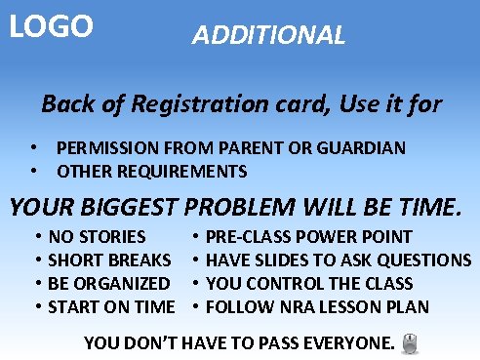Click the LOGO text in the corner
pos(51,25)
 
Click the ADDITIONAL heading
pos(268,36)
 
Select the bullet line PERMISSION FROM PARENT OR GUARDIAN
pos(230,148)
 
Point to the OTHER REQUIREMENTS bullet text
pos(151,172)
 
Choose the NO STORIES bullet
pos(97,236)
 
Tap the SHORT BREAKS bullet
pos(109,260)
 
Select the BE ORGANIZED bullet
pos(108,283)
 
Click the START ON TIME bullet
pos(110,307)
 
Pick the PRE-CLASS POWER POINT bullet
pos(309,236)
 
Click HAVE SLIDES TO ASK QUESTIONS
pos(339,260)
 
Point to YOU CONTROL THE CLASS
pos(309,283)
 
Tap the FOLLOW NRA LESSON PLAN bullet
pos(318,307)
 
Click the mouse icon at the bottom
pos(410,342)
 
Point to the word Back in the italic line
pos(64,103)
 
